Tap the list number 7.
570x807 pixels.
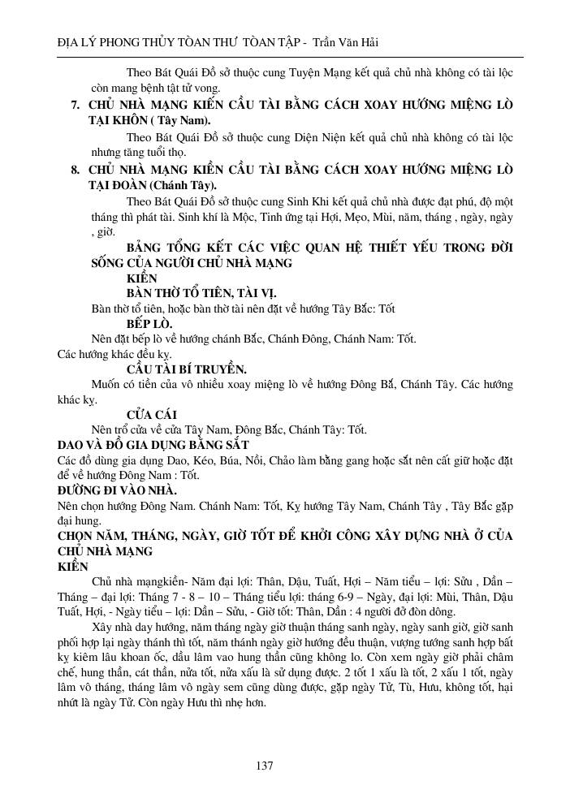(75, 106)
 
